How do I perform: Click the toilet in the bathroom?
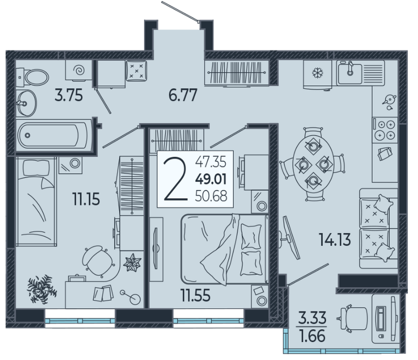tap(33, 77)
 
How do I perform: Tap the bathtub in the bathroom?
tap(53, 135)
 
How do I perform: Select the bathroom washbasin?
tap(26, 103)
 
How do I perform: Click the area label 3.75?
tap(69, 96)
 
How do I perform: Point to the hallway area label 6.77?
tap(183, 96)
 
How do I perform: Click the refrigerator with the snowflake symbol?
tap(318, 74)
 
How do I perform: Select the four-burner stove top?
tap(385, 131)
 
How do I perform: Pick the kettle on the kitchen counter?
tap(389, 100)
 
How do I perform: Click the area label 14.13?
tap(335, 240)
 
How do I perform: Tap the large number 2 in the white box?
tap(176, 179)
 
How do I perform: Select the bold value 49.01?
tap(211, 179)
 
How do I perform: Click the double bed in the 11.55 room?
tap(224, 249)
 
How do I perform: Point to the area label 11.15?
tap(86, 199)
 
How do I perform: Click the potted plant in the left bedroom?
tap(42, 289)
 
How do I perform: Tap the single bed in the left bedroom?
tap(36, 201)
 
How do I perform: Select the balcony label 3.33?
tap(312, 318)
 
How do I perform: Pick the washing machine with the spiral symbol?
tap(79, 70)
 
